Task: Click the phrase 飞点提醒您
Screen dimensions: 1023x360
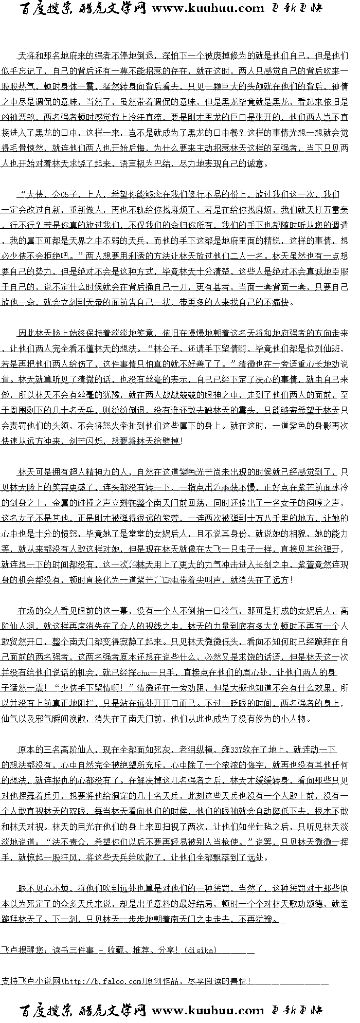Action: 21,950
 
